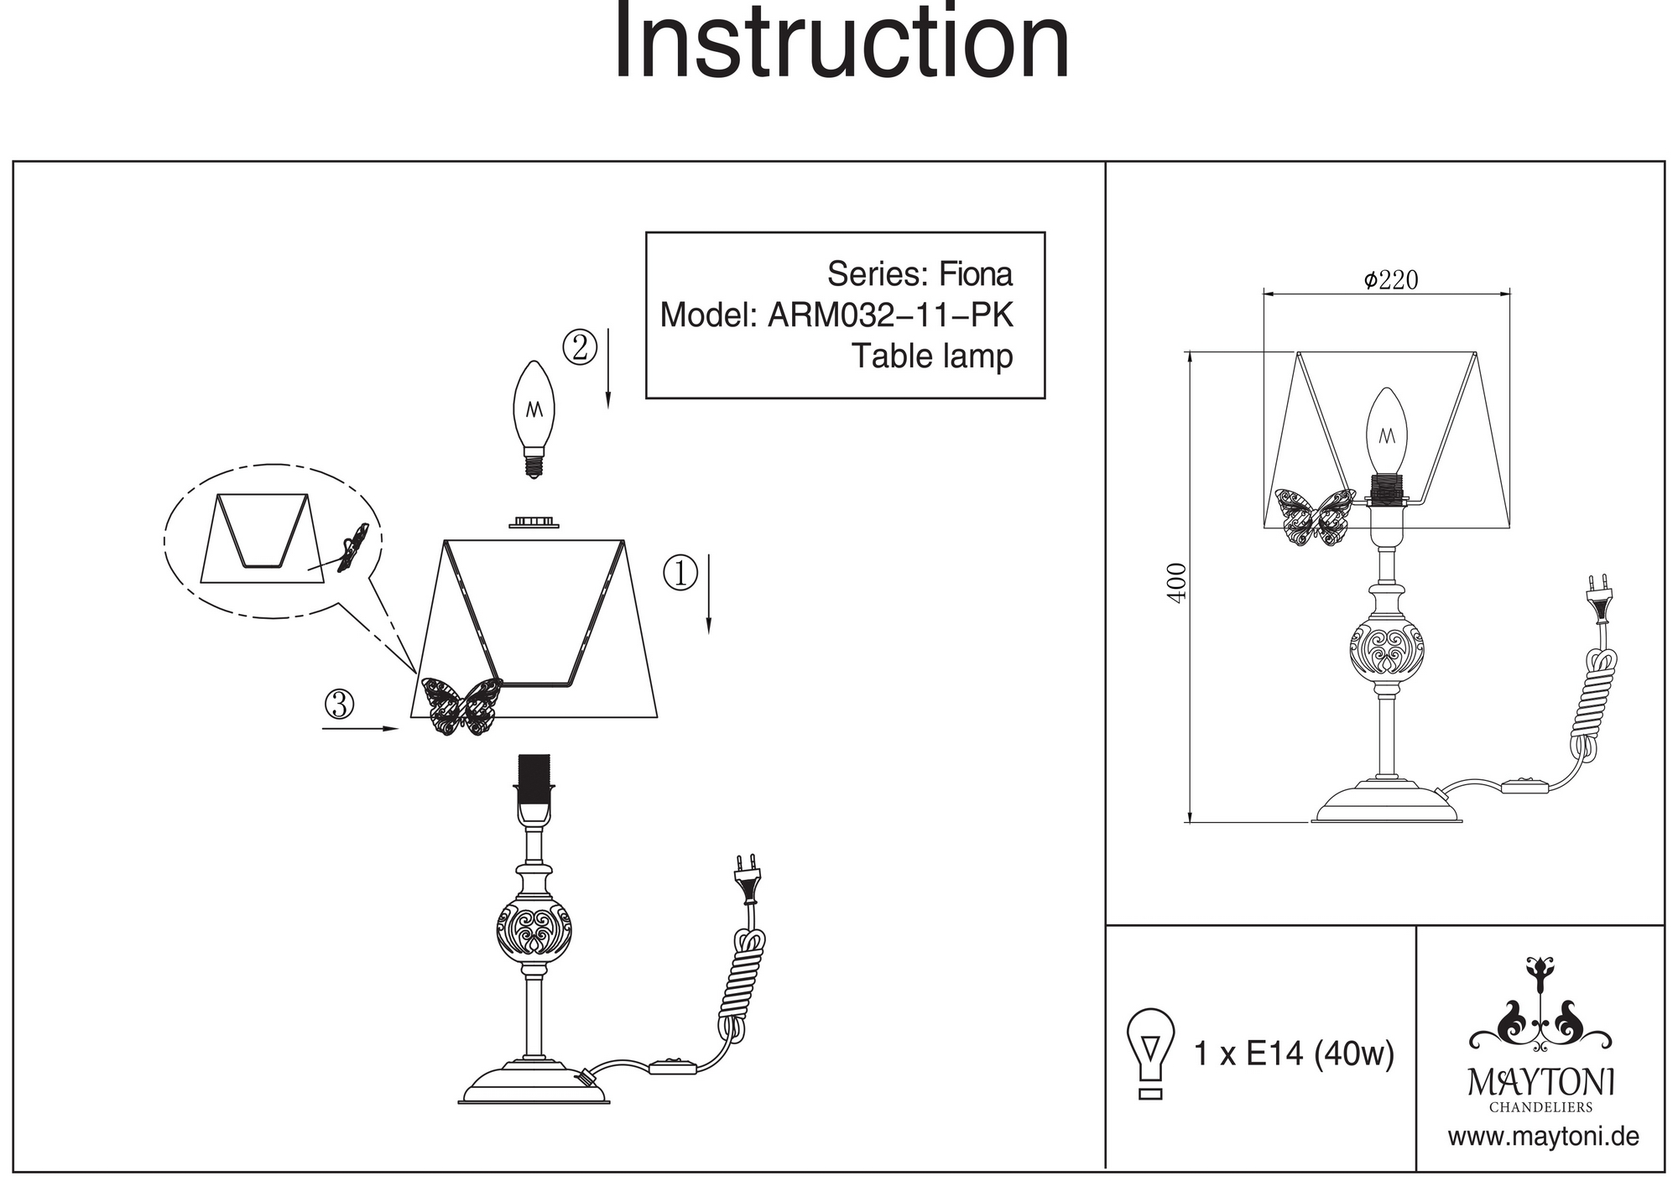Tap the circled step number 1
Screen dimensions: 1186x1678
pyautogui.click(x=680, y=573)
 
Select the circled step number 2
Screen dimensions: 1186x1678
pyautogui.click(x=580, y=347)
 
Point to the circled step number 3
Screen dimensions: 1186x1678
pyautogui.click(x=339, y=705)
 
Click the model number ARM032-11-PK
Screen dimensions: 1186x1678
pyautogui.click(x=890, y=315)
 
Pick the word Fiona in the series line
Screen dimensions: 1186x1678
pyautogui.click(x=975, y=274)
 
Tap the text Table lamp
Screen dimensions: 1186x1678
pyautogui.click(x=932, y=356)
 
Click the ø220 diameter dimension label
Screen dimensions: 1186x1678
pyautogui.click(x=1390, y=280)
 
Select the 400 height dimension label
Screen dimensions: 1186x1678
pyautogui.click(x=1177, y=581)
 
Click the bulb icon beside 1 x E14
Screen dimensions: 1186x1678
pyautogui.click(x=1151, y=1052)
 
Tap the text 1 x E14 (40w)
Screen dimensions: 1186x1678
pyautogui.click(x=1293, y=1053)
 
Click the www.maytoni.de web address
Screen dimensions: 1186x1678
pyautogui.click(x=1543, y=1137)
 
